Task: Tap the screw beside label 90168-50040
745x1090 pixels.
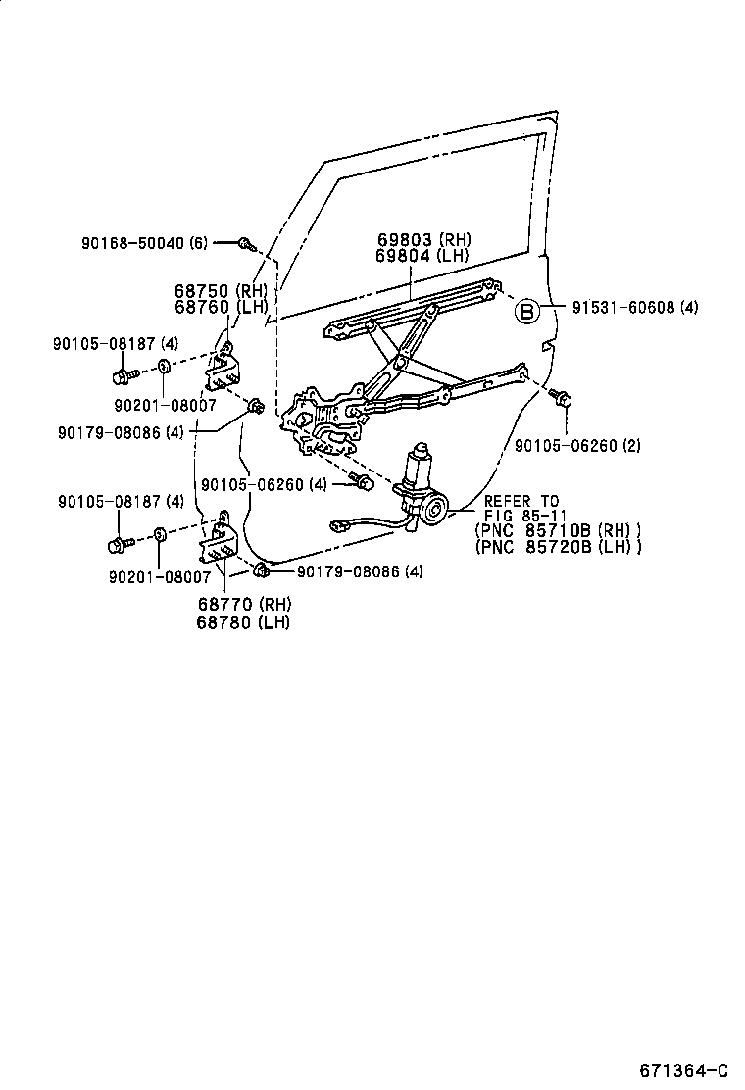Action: click(246, 243)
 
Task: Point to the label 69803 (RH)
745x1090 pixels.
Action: click(422, 240)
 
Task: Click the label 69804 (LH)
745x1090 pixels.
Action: click(422, 256)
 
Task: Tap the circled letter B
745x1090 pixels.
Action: click(526, 312)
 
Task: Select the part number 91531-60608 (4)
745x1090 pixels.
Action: click(635, 307)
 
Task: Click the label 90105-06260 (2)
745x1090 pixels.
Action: click(577, 445)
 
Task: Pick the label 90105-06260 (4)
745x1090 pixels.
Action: click(264, 484)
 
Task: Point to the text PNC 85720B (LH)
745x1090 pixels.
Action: click(558, 546)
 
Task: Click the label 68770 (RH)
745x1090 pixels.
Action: click(232, 606)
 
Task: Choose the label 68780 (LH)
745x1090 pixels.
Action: click(232, 622)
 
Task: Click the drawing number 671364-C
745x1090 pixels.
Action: click(685, 1069)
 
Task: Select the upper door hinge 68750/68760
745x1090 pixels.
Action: click(224, 367)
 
